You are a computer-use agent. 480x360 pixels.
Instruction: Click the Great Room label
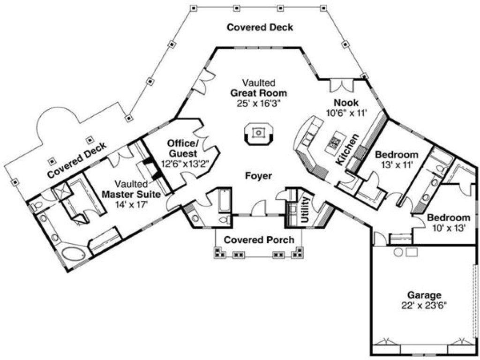259,92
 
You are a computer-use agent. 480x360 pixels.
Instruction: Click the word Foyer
258,176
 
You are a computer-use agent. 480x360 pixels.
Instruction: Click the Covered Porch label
259,240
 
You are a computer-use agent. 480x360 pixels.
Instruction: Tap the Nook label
346,103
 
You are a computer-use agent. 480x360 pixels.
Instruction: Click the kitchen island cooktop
336,140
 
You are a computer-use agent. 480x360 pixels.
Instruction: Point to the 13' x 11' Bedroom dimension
396,165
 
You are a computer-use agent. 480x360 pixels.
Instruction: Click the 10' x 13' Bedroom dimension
449,228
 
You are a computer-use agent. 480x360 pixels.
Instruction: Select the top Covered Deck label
260,27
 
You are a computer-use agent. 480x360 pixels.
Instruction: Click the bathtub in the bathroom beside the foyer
223,201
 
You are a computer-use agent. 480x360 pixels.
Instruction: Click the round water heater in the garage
398,252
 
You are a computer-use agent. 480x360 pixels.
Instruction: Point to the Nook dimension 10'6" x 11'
346,112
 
